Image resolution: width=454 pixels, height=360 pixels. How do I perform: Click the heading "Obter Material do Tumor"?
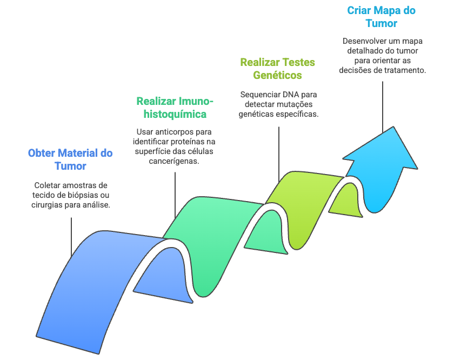(70, 159)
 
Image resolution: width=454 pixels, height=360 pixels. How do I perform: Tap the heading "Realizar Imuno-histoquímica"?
(175, 108)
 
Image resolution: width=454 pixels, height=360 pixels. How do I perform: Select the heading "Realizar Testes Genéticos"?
(277, 69)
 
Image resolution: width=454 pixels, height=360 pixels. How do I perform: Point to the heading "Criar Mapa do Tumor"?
(382, 17)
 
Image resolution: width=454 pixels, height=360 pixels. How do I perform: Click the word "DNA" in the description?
(291, 94)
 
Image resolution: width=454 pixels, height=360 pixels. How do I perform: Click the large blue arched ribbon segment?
(81, 286)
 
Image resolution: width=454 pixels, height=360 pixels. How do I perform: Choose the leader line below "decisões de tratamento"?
(383, 105)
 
